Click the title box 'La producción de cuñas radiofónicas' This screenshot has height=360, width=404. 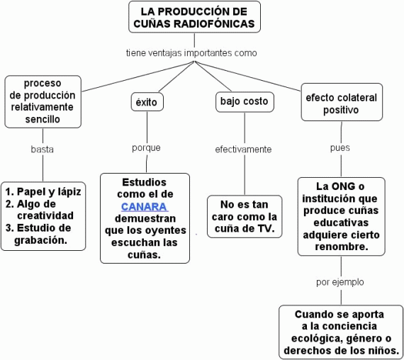pos(194,17)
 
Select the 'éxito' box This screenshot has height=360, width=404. pos(147,102)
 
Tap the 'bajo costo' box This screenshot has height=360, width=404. pos(245,102)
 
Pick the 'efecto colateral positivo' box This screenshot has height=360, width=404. pos(342,102)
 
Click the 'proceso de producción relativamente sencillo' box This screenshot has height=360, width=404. pos(43,101)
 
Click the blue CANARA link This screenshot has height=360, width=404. pos(145,207)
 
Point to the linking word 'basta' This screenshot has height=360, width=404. pos(43,150)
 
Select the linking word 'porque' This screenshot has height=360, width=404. pos(146,148)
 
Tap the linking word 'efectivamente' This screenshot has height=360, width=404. pos(243,150)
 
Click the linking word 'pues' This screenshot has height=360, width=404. pos(340,148)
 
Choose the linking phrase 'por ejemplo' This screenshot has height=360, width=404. pos(340,282)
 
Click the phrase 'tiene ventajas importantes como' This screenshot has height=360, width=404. pos(191,53)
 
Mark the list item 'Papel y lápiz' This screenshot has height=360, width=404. pos(43,192)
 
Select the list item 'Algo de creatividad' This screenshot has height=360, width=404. pos(40,210)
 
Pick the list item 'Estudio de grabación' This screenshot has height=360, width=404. pos(38,234)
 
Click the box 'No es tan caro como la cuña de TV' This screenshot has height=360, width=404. pos(245,216)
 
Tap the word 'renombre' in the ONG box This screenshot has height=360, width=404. pos(342,247)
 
